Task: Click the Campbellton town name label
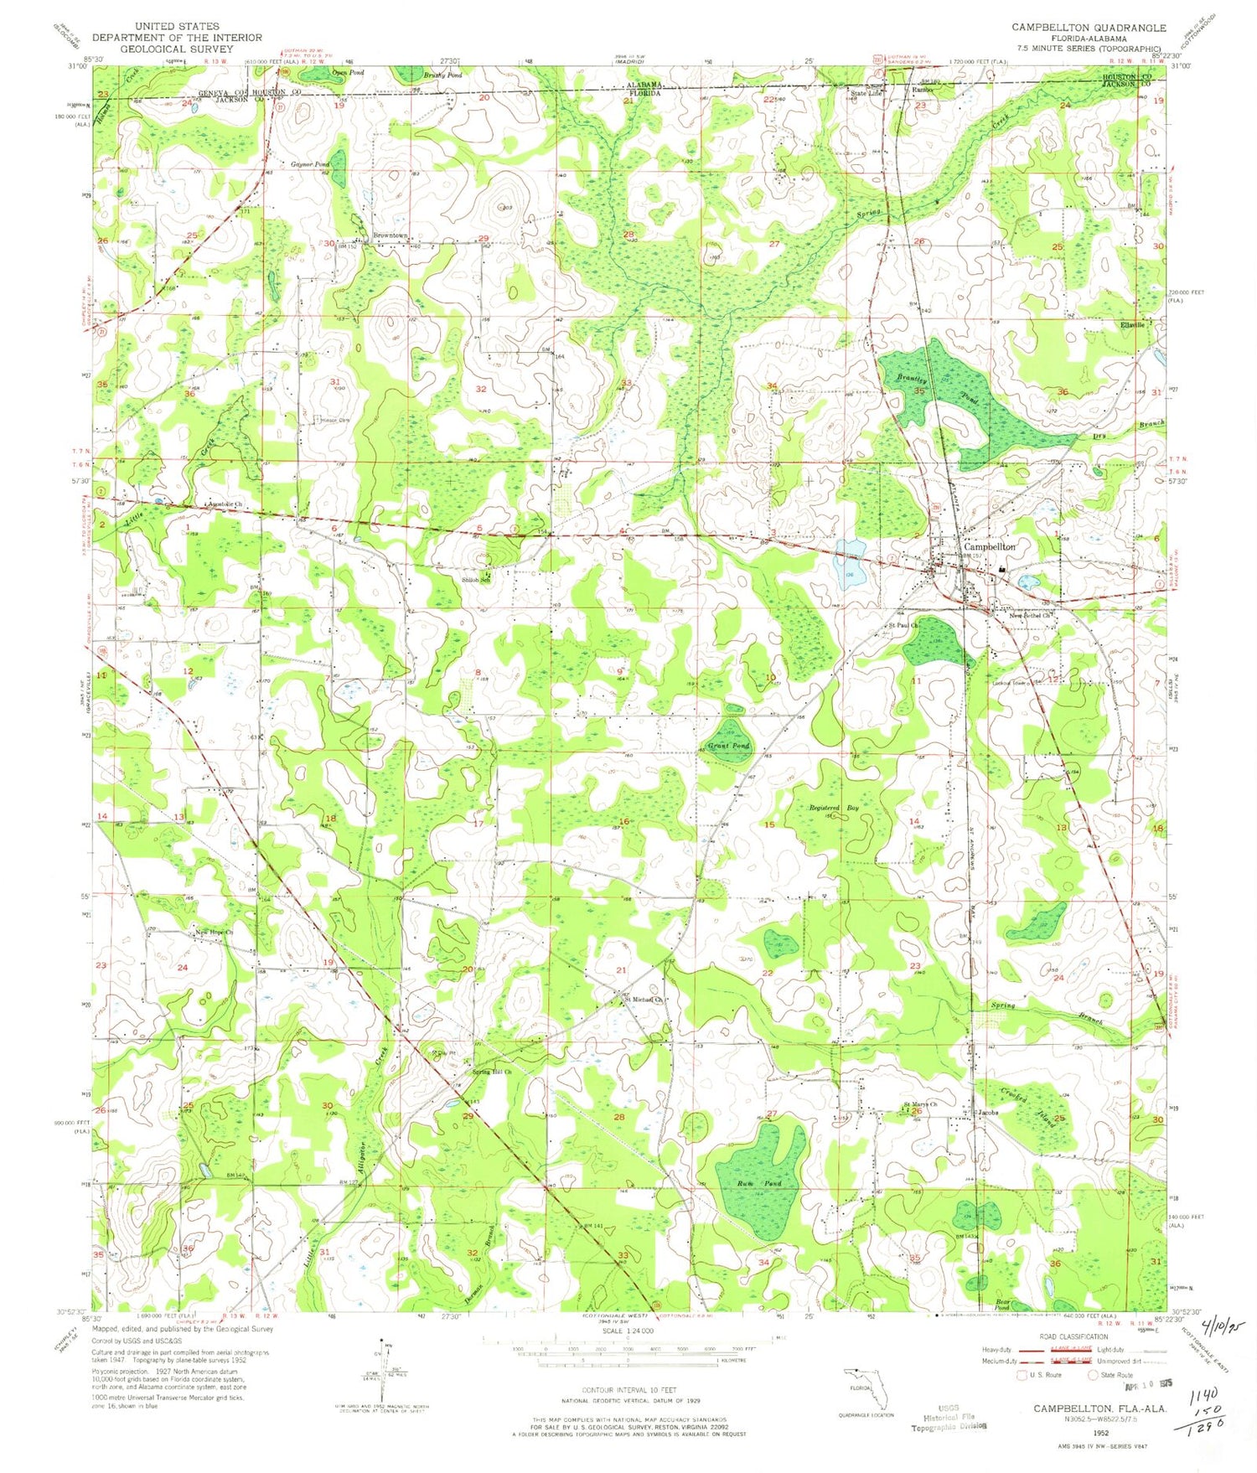[x=989, y=546]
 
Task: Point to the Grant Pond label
[x=728, y=745]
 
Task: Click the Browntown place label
[x=390, y=235]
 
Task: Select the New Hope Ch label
[x=214, y=933]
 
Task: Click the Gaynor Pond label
[x=310, y=163]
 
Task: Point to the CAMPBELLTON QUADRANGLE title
[x=1088, y=28]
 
